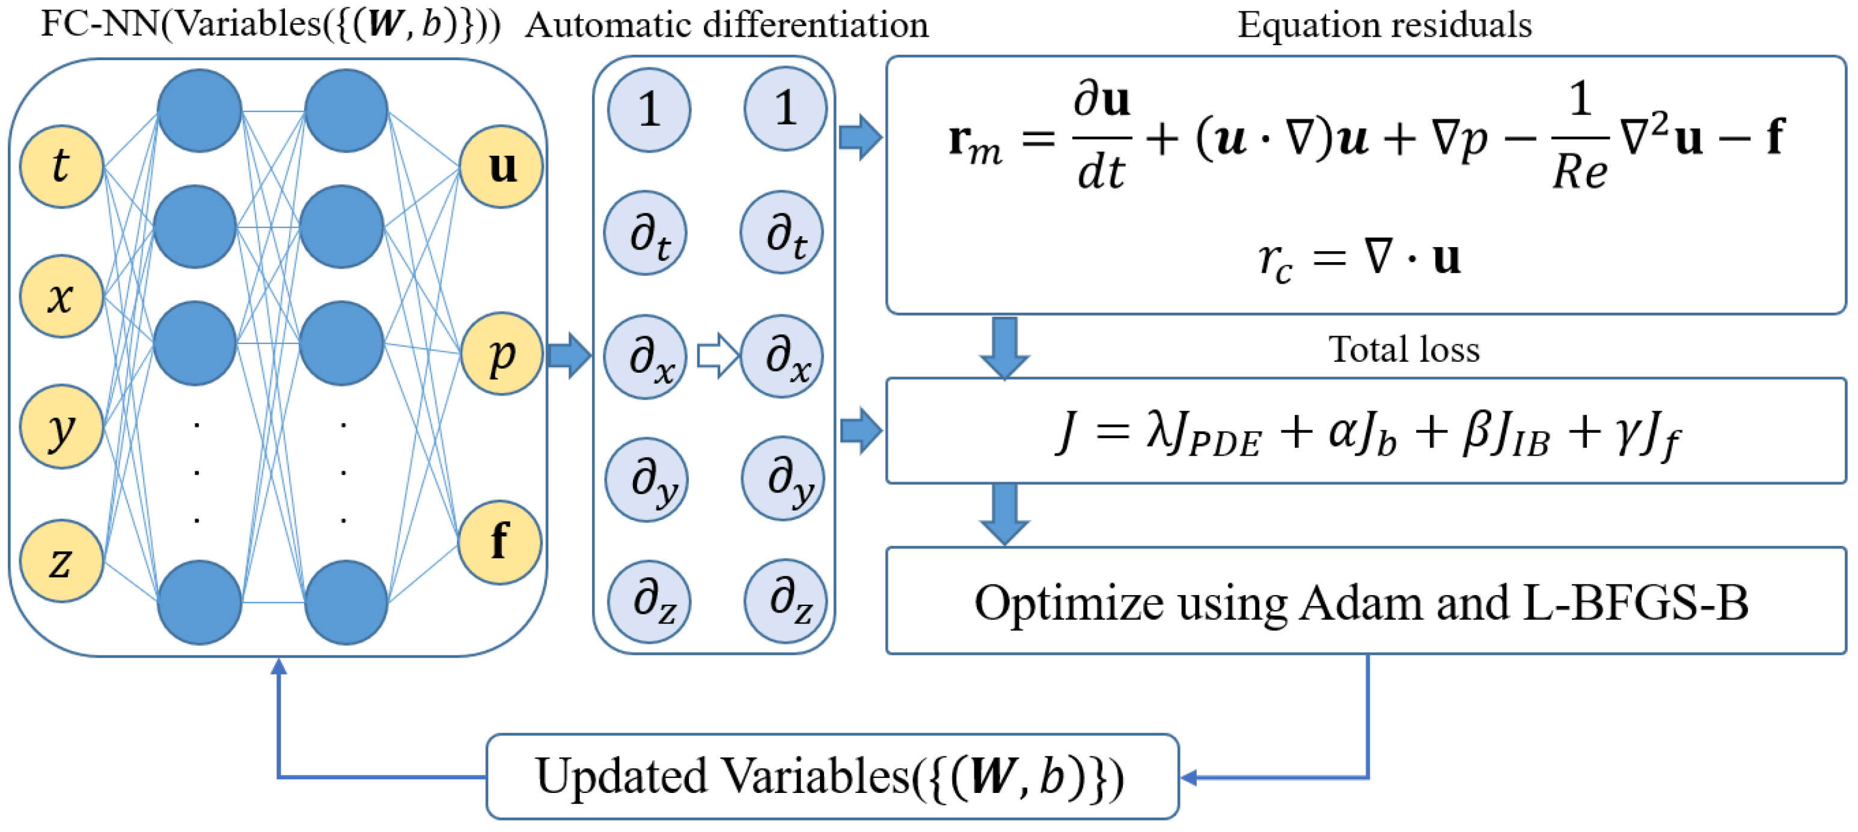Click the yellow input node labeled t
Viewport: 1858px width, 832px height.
61,167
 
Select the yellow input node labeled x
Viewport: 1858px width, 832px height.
61,296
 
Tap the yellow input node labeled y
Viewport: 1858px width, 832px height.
61,426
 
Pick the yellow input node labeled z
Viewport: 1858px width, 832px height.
61,561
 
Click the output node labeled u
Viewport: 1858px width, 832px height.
501,167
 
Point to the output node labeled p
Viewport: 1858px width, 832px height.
501,353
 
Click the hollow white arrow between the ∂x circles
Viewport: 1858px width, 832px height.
717,356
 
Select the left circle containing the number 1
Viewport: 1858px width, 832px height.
649,109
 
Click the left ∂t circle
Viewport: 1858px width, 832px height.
646,233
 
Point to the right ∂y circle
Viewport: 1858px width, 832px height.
783,479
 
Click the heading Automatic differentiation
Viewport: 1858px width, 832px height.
726,25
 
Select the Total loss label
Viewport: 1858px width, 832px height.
1404,349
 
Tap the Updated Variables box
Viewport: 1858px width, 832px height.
832,777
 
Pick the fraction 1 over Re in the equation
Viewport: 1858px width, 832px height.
1580,137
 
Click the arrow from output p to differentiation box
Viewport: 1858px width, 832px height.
569,356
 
